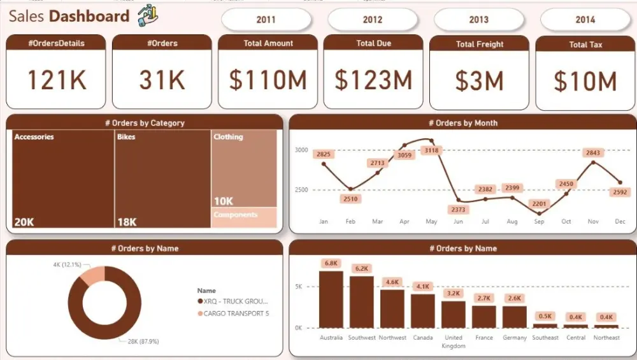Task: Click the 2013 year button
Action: tap(478, 20)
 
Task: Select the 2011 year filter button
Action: tap(266, 20)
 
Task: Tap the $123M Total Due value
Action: tap(373, 80)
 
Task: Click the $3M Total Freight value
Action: tap(480, 81)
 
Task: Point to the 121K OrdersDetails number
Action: tap(56, 80)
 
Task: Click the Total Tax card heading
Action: tap(585, 45)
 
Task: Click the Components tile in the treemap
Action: tap(244, 217)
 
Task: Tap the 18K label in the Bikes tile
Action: tap(127, 222)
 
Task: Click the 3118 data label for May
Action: tap(431, 150)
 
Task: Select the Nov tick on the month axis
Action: tap(593, 222)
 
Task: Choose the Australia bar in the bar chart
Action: tap(331, 299)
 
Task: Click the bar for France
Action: tap(484, 316)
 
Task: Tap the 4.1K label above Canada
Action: tap(422, 287)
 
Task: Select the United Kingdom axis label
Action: tap(454, 342)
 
